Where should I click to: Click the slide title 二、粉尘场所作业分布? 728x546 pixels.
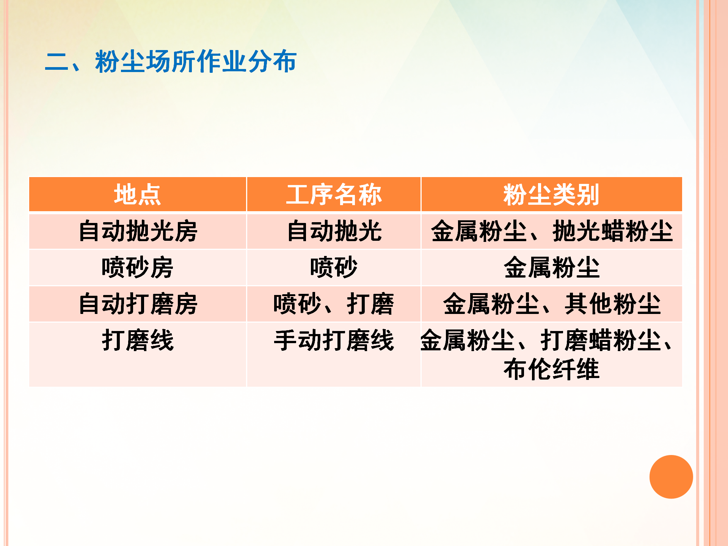171,61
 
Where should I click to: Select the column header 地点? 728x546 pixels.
138,195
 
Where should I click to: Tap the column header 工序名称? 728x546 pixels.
334,195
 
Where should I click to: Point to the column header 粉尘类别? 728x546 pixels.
551,195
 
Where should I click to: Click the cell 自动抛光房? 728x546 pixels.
138,231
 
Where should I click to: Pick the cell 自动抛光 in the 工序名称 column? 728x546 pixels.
334,231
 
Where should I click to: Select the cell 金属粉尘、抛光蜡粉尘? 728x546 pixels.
552,231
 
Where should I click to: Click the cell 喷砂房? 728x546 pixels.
138,267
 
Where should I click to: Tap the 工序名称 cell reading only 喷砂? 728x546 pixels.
334,267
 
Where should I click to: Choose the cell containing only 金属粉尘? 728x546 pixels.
552,267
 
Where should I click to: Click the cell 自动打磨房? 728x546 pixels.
138,304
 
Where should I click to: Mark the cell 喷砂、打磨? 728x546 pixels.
334,304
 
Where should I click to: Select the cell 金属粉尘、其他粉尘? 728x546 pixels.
552,304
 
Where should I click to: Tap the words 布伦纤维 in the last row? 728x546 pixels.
552,369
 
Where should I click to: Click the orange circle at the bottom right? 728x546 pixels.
671,477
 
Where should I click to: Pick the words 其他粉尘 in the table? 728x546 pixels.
613,304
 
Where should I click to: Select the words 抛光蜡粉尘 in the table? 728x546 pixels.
613,231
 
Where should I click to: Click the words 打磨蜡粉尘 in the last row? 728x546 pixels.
601,340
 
